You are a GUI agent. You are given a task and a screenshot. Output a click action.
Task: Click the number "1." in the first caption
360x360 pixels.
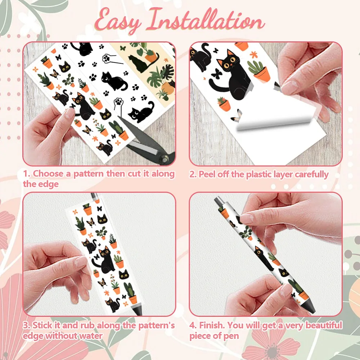(27, 174)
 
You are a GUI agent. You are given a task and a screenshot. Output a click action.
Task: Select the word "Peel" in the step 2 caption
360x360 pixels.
(207, 174)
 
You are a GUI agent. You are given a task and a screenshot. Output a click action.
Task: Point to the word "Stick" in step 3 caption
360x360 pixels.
(42, 325)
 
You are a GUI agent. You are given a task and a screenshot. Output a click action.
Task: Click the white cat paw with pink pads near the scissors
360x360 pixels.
(118, 104)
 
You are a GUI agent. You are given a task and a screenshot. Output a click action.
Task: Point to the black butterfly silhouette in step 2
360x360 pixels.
(216, 74)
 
